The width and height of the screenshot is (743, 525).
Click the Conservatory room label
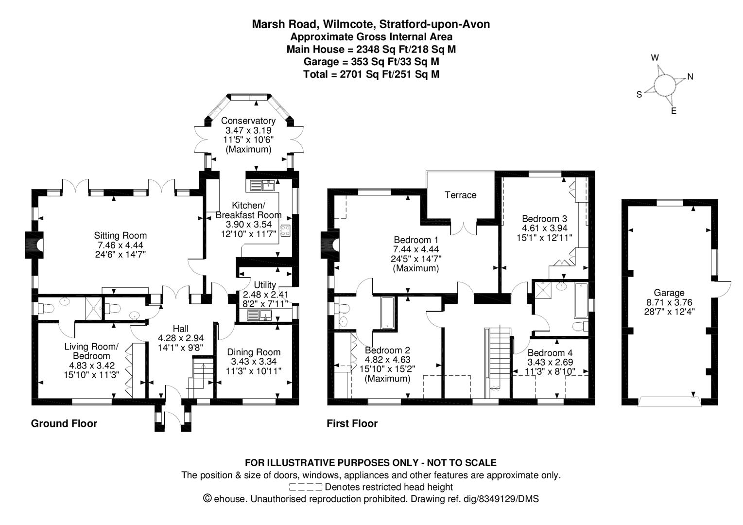tap(248, 121)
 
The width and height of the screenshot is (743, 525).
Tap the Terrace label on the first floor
tap(460, 195)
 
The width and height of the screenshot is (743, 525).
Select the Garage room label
tap(669, 293)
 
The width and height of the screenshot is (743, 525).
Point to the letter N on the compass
tap(691, 77)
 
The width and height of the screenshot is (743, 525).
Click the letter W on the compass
tap(655, 58)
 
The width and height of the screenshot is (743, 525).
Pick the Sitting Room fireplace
tap(34, 245)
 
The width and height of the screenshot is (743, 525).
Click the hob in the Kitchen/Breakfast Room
tap(285, 230)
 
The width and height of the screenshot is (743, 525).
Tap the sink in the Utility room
tap(259, 315)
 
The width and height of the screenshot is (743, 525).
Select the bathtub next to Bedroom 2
tap(387, 313)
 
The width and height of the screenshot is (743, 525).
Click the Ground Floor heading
tap(64, 423)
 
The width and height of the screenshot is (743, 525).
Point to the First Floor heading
tap(352, 423)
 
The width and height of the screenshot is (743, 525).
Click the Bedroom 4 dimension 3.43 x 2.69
tap(550, 362)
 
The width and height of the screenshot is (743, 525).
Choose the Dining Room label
tap(254, 352)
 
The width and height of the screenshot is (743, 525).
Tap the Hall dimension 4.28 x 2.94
tap(181, 338)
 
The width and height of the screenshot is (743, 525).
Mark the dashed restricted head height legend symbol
tap(306, 487)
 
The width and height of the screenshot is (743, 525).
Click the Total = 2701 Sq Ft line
tap(371, 74)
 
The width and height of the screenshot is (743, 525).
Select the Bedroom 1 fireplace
tap(330, 245)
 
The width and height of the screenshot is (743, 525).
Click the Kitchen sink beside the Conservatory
tap(262, 186)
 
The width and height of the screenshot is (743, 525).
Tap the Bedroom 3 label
tap(545, 219)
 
